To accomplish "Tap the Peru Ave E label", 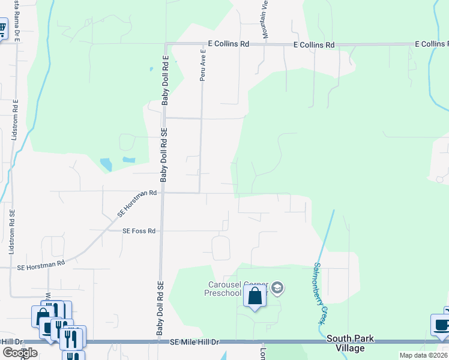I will click(203, 65).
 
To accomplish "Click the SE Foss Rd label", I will click(139, 231).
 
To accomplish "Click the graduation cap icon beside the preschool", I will click(277, 289).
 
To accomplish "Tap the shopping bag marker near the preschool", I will click(255, 296).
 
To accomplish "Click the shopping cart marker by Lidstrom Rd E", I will click(2, 28).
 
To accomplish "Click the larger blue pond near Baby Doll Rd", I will click(106, 164).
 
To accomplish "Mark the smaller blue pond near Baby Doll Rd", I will click(128, 160).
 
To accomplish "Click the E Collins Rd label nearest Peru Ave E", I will click(229, 44).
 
